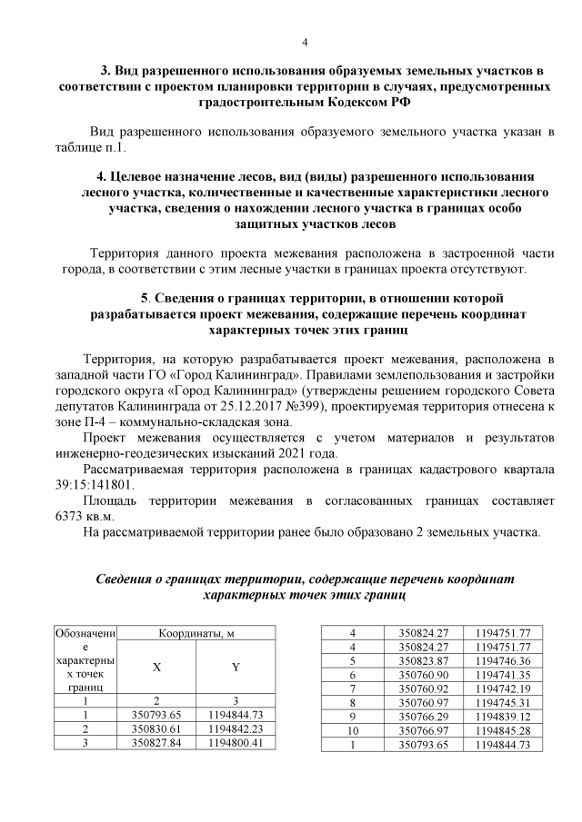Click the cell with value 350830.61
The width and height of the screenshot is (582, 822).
(x=156, y=729)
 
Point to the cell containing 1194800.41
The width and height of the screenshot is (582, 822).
(x=236, y=743)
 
